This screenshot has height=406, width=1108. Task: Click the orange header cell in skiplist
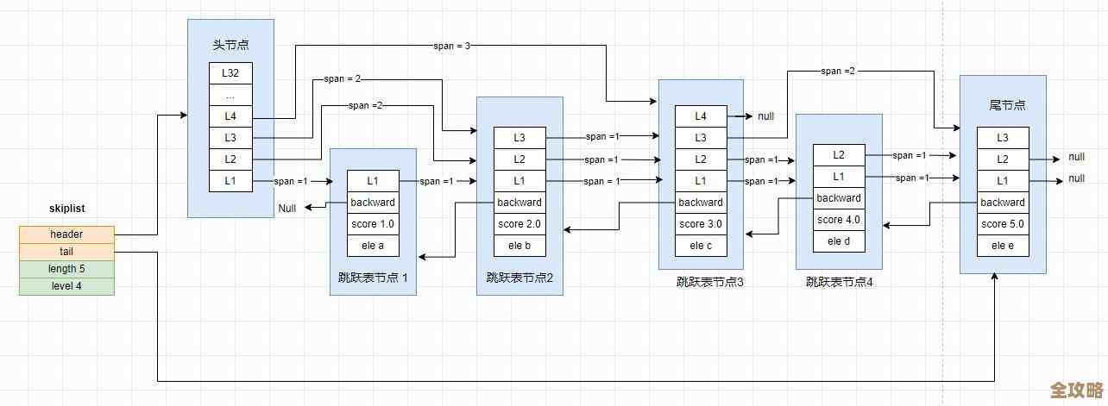tap(66, 234)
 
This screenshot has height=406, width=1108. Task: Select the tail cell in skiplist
tap(66, 252)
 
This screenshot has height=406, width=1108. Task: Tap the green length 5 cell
tap(66, 269)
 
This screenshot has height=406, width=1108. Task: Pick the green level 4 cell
tap(66, 286)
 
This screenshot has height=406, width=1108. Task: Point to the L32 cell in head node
tap(230, 72)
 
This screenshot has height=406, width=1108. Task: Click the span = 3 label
tap(451, 45)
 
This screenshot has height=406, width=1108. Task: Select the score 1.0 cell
tap(373, 224)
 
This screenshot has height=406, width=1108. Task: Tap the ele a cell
tap(373, 246)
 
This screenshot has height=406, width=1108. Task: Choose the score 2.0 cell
tap(519, 224)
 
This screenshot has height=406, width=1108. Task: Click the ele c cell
tap(701, 246)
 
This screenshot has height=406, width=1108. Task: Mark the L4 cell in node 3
tap(701, 116)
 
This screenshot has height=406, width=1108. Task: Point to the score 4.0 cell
tap(839, 220)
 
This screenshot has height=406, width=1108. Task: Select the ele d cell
tap(839, 241)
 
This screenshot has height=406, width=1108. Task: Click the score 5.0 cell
tap(1003, 224)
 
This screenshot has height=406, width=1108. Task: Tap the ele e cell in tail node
tap(1003, 246)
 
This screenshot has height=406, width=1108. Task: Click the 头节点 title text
tap(230, 45)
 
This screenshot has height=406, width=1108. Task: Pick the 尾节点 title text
tap(1003, 104)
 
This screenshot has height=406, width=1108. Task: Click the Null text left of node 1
tap(287, 209)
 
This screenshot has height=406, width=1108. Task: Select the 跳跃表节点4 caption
tap(840, 281)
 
